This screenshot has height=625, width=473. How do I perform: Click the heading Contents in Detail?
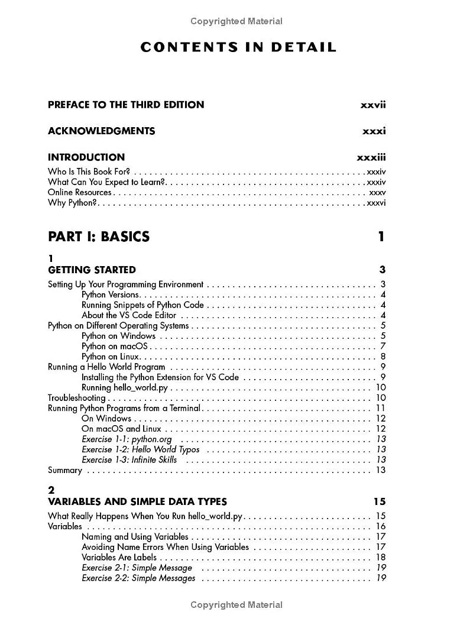pyautogui.click(x=238, y=47)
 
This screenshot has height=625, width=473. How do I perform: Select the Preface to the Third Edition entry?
pyautogui.click(x=126, y=105)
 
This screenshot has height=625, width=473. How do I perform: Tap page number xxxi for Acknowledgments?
pyautogui.click(x=374, y=131)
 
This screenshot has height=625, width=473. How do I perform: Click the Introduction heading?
pyautogui.click(x=86, y=157)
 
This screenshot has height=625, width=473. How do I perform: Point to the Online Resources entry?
pyautogui.click(x=80, y=192)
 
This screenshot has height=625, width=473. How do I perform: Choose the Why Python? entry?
pyautogui.click(x=72, y=203)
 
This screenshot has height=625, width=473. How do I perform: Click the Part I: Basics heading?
pyautogui.click(x=99, y=237)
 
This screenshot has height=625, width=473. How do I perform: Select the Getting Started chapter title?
pyautogui.click(x=92, y=270)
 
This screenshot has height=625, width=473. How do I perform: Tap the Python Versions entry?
pyautogui.click(x=111, y=294)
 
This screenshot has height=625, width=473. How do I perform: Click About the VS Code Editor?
pyautogui.click(x=129, y=315)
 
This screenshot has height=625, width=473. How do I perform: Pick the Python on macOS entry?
pyautogui.click(x=115, y=346)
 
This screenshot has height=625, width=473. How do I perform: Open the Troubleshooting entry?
pyautogui.click(x=77, y=398)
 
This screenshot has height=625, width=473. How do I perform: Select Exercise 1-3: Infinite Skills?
pyautogui.click(x=129, y=460)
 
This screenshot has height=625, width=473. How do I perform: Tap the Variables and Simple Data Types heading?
pyautogui.click(x=137, y=501)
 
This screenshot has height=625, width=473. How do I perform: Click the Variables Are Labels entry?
pyautogui.click(x=119, y=558)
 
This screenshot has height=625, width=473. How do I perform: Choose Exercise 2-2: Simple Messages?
pyautogui.click(x=138, y=578)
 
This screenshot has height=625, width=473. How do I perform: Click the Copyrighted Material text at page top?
pyautogui.click(x=237, y=21)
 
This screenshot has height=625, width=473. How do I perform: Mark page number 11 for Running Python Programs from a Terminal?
pyautogui.click(x=381, y=408)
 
